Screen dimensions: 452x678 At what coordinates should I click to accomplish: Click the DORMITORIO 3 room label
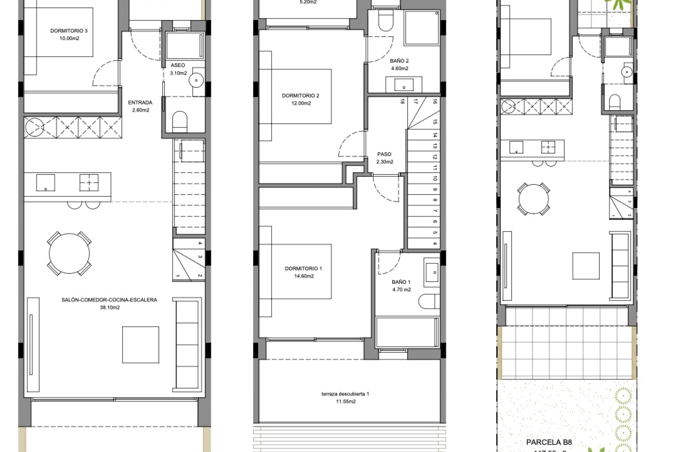coord(69,34)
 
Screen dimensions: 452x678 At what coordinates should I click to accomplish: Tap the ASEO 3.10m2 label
coord(178,69)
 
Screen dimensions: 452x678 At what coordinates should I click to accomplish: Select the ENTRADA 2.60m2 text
coord(140,106)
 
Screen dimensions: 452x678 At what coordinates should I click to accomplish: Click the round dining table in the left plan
coord(69,253)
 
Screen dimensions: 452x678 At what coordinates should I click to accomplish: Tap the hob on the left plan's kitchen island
coord(89,183)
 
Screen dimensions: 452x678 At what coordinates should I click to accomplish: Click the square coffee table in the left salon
coord(141,345)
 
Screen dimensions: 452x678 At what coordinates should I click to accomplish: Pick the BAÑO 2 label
coord(399,65)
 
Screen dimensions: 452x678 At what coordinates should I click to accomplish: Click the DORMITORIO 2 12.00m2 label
coord(301,99)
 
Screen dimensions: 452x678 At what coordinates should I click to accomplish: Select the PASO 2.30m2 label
coord(385,158)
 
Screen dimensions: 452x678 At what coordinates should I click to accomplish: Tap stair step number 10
coord(435,178)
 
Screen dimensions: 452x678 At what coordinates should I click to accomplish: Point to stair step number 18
coord(402,102)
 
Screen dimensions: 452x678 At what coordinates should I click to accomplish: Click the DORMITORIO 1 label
coord(304,272)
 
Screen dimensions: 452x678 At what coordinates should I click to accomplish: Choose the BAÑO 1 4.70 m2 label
coord(402,286)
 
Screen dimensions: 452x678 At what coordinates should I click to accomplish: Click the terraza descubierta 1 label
coord(345,397)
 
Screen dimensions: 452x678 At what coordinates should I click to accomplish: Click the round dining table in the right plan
coord(534,199)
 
